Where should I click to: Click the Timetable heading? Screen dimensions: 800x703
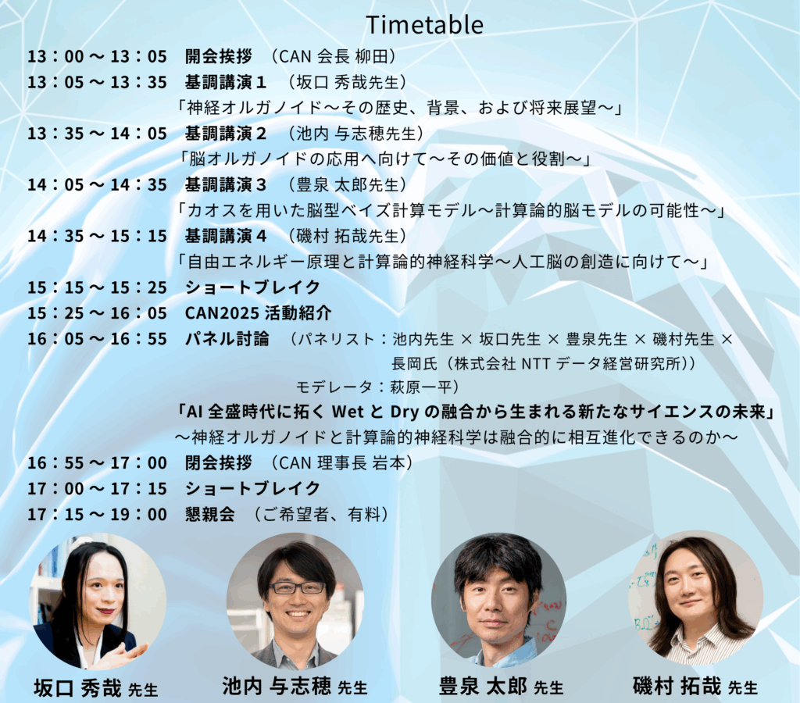click(x=424, y=25)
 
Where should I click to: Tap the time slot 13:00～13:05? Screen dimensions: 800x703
click(x=98, y=56)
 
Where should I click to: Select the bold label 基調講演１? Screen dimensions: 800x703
click(x=226, y=82)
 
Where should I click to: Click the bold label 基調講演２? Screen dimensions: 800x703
click(x=226, y=134)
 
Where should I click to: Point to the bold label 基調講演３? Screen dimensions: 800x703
click(x=226, y=184)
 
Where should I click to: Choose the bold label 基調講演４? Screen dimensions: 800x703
click(x=226, y=236)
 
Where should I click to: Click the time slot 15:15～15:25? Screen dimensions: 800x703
click(x=98, y=287)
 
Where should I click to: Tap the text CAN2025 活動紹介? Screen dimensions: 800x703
click(x=258, y=313)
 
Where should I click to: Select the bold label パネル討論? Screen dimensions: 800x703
click(x=227, y=339)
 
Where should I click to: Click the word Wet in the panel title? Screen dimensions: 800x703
click(x=348, y=412)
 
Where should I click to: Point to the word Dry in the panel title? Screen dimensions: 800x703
click(x=405, y=412)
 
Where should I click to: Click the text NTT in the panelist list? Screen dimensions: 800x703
click(x=536, y=364)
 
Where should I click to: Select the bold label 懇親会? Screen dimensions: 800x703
click(x=209, y=514)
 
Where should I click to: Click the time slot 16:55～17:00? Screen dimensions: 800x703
click(x=98, y=463)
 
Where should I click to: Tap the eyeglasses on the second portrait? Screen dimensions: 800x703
click(x=298, y=587)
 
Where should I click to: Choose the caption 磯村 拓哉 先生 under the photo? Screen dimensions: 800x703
click(x=695, y=686)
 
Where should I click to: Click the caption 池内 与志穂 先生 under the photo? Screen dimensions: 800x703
click(x=295, y=687)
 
